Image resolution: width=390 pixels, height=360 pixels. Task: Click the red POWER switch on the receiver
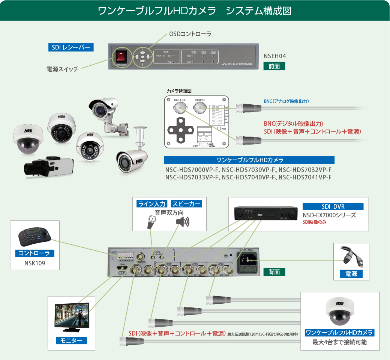pyautogui.click(x=121, y=57)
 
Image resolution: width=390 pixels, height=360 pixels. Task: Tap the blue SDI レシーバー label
pyautogui.click(x=71, y=47)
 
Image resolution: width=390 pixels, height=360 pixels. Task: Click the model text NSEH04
pyautogui.click(x=275, y=56)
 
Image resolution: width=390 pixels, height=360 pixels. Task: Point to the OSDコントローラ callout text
pyautogui.click(x=190, y=34)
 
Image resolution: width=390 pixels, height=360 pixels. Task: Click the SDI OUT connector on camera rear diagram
pyautogui.click(x=180, y=108)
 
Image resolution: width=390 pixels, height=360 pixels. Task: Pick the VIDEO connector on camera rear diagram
pyautogui.click(x=200, y=108)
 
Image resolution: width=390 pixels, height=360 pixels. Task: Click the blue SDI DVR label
pyautogui.click(x=333, y=206)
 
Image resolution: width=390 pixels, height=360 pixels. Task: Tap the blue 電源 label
pyautogui.click(x=351, y=274)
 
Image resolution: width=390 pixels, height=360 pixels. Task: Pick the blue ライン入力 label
pyautogui.click(x=152, y=204)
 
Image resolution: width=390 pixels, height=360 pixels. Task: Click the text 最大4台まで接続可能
pyautogui.click(x=340, y=342)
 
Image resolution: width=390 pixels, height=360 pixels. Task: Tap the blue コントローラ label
pyautogui.click(x=34, y=253)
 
